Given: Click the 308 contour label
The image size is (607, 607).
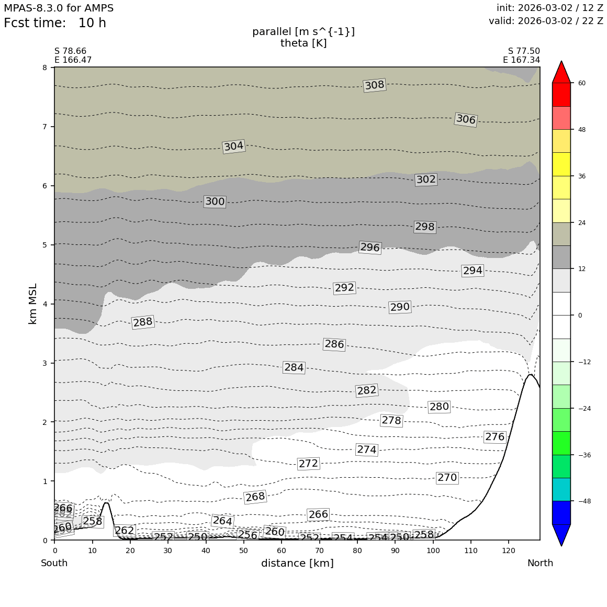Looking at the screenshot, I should pos(375,85).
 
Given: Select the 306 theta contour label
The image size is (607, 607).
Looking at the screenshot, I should pos(466,120).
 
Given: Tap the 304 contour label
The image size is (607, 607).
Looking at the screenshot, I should pos(234,147).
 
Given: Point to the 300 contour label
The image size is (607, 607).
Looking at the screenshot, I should pos(215,201).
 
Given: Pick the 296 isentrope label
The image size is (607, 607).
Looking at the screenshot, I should pos(370,248).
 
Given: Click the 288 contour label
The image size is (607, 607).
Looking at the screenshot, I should pos(143,322).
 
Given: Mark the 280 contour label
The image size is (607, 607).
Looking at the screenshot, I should pos(439,407).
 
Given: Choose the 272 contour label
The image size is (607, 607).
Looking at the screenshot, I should pos(308,464).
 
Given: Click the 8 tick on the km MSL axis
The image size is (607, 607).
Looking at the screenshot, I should pos(44,68).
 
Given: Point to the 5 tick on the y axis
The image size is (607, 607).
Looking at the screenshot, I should pos(44,245).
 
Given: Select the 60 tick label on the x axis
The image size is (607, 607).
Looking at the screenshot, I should pos(282,550).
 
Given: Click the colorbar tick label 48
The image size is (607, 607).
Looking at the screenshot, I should pos(581,130).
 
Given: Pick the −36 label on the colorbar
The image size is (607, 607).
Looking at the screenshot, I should pos(583,455).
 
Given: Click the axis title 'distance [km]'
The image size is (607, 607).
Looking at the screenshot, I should pos(297,564).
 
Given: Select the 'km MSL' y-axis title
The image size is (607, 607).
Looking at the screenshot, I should pos(33,303).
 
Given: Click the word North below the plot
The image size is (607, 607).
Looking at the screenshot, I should pos(540,564).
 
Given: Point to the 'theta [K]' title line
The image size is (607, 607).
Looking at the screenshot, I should pos(303,43).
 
